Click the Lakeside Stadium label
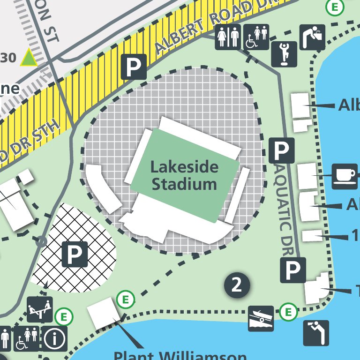(x=184, y=175)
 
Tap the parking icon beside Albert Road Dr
(x=134, y=67)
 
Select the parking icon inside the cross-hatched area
(x=75, y=255)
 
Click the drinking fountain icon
(x=312, y=37)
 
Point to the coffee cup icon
(x=345, y=176)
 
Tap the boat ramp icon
(x=261, y=319)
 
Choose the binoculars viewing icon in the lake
(x=316, y=333)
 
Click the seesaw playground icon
(x=39, y=309)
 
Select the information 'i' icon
(x=55, y=338)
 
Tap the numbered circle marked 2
(x=237, y=285)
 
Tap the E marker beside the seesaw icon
(x=64, y=317)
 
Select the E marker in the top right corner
(x=334, y=7)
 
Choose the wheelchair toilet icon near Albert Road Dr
(x=257, y=37)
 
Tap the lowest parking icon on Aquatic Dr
(x=293, y=270)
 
